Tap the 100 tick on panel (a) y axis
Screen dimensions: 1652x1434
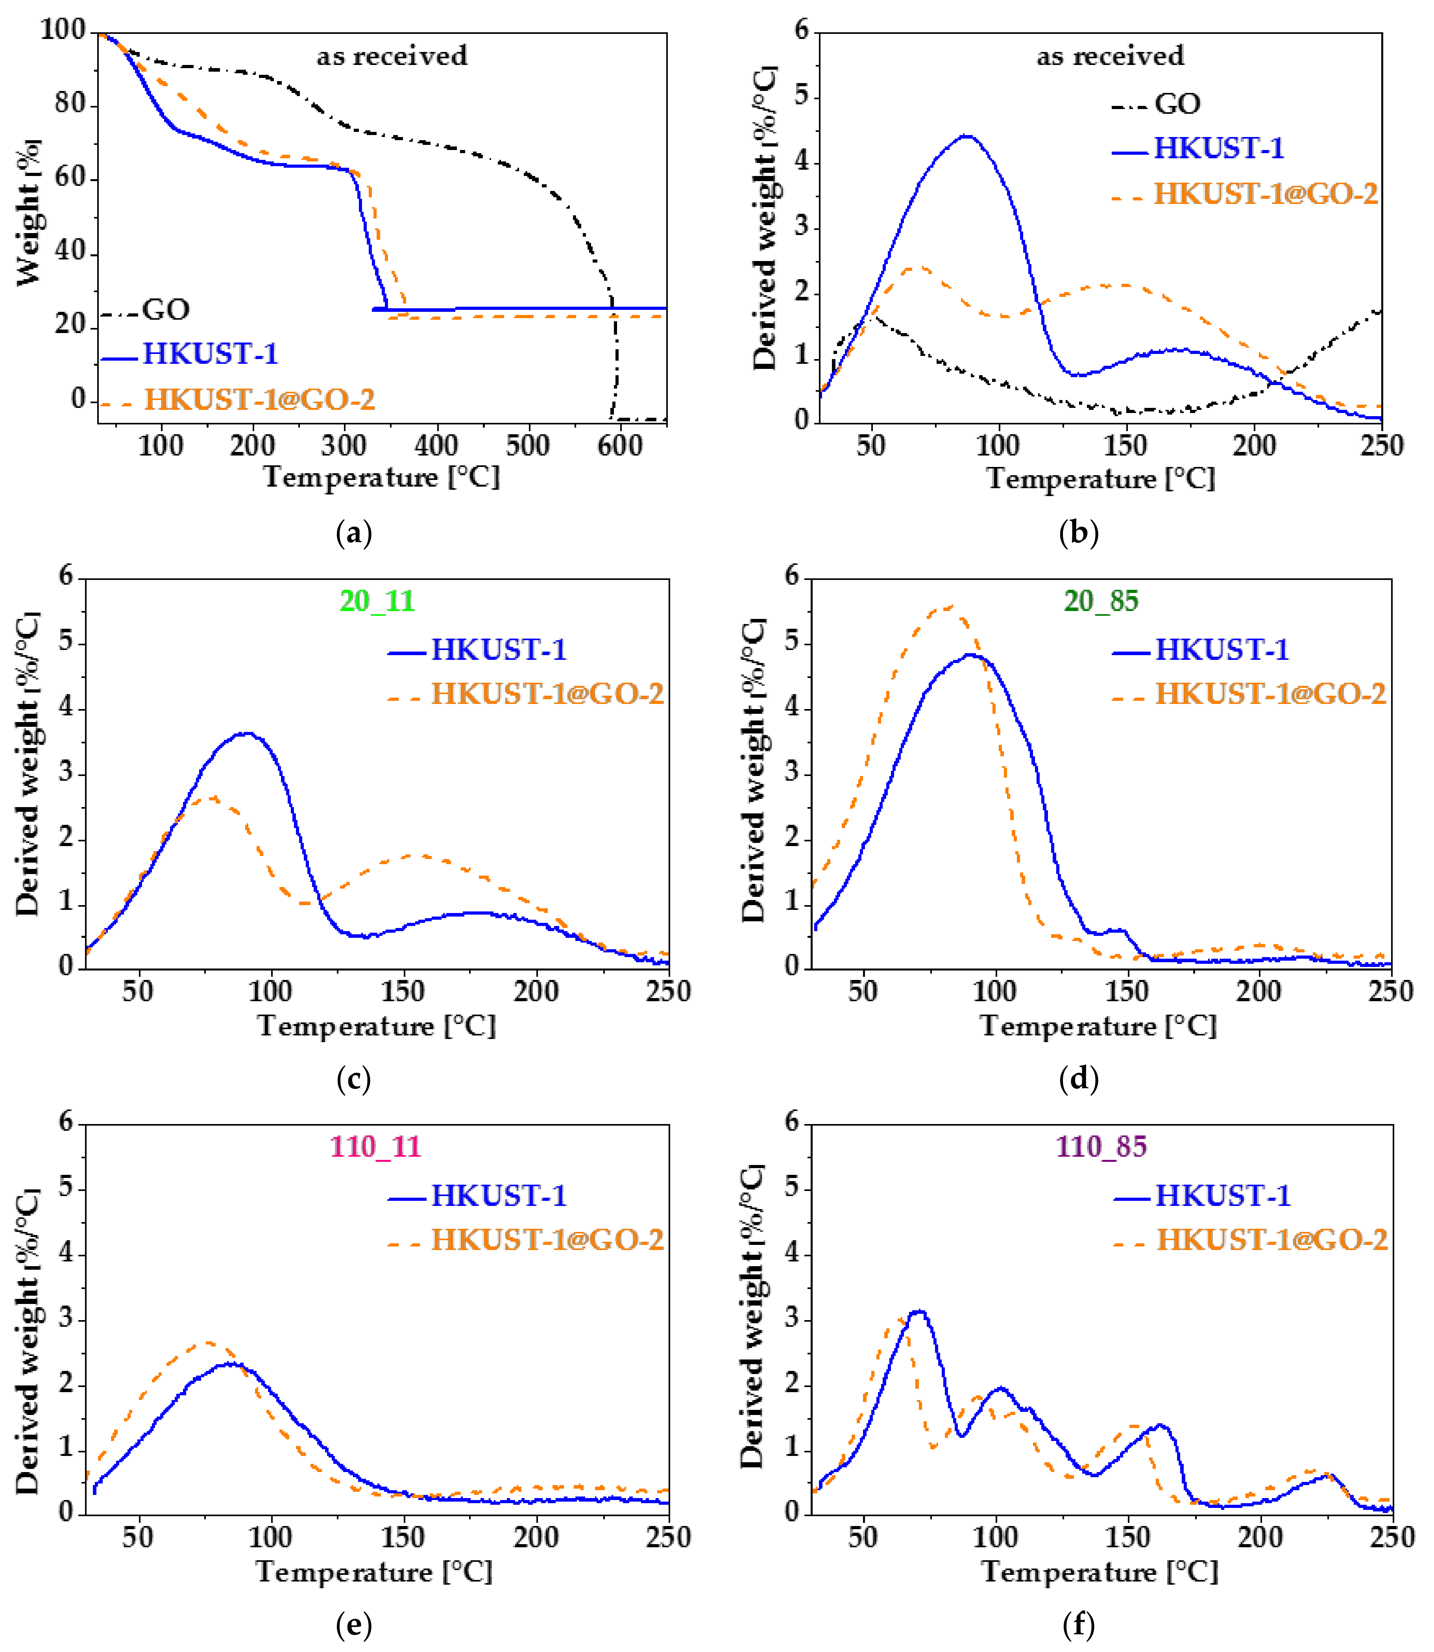[63, 30]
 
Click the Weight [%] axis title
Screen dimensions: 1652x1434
[28, 212]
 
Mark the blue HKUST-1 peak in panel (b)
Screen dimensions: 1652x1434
[967, 136]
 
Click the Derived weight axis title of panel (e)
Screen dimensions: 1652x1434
[28, 1341]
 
